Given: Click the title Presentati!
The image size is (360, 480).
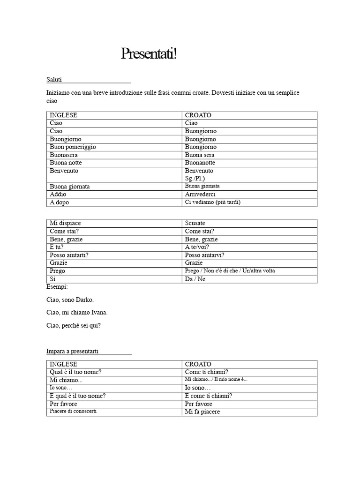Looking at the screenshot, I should tap(149, 54).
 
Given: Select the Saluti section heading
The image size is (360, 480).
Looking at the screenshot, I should tap(54, 80).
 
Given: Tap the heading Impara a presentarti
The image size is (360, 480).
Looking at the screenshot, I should tap(72, 351).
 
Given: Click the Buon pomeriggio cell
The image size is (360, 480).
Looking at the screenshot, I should tap(73, 147).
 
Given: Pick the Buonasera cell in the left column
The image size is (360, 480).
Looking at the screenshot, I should tap(64, 155).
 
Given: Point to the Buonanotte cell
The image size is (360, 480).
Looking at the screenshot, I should tap(200, 163).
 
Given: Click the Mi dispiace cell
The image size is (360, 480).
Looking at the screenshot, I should tap(68, 223).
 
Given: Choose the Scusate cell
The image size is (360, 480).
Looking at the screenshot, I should tap(195, 223).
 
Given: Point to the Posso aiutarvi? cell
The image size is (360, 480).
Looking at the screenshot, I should tap(204, 255).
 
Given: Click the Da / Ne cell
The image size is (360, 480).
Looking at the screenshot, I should tap(195, 279).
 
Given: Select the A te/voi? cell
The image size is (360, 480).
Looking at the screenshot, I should tap(197, 247).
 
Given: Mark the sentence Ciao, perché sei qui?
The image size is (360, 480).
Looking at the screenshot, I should tap(74, 325).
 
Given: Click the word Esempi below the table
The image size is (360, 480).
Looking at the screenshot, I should tap(57, 286).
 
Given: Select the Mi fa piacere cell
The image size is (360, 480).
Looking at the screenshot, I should tap(202, 412).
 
